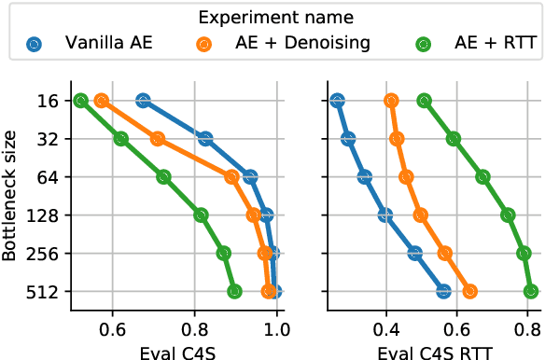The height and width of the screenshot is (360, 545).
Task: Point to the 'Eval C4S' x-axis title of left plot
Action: [174, 352]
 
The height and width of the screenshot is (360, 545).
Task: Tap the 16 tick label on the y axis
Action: [48, 101]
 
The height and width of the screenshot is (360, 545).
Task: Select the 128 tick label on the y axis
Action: [44, 215]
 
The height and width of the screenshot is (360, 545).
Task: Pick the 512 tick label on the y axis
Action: [44, 292]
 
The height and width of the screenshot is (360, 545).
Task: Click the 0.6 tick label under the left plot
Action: [113, 329]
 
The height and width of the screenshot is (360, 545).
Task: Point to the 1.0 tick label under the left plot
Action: [277, 329]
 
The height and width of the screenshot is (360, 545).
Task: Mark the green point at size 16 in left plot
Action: [81, 101]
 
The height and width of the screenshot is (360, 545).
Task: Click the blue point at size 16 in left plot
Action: [143, 101]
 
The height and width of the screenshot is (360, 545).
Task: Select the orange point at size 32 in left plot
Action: [158, 139]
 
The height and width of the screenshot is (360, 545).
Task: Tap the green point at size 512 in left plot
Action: [234, 292]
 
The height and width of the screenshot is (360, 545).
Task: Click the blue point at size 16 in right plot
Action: [337, 101]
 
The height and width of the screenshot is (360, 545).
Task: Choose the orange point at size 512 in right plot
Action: [470, 292]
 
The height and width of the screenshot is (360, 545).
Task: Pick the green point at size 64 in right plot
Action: [482, 177]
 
